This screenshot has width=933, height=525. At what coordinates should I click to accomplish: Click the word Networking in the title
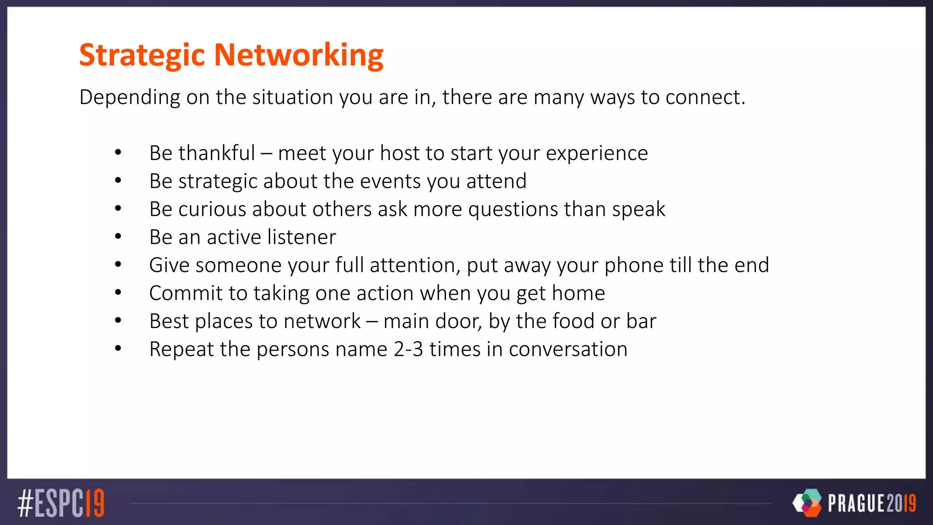(x=299, y=55)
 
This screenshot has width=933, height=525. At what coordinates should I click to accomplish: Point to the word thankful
(x=216, y=153)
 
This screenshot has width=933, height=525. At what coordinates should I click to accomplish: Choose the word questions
(x=513, y=209)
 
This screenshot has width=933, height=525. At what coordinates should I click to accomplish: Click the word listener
(x=302, y=237)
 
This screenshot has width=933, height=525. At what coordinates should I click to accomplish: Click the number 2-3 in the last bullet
(x=408, y=349)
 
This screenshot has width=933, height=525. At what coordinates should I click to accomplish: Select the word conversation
(x=568, y=349)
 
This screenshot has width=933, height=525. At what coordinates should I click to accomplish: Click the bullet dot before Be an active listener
(x=118, y=237)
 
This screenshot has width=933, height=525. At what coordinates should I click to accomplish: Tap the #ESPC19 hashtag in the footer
(x=61, y=503)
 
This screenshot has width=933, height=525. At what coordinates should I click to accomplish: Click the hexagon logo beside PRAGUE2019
(x=807, y=503)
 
